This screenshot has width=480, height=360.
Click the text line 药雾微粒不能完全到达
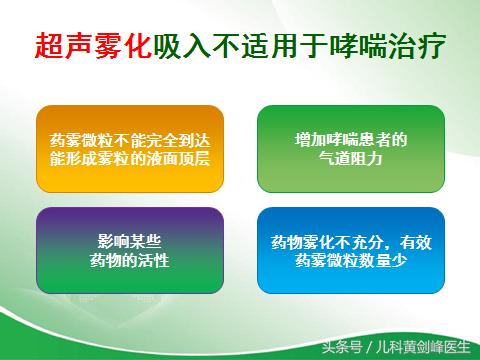(x=130, y=139)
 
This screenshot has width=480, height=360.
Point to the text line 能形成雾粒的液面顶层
(x=130, y=158)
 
